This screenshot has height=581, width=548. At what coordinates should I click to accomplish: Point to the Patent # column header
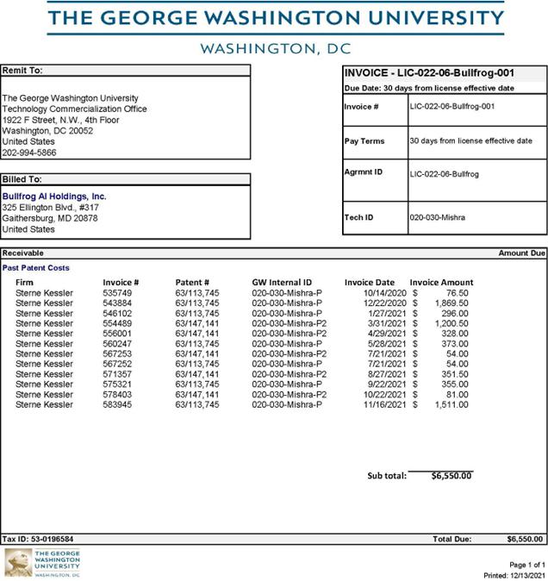(x=192, y=282)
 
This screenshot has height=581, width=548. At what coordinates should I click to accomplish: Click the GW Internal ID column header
(x=282, y=282)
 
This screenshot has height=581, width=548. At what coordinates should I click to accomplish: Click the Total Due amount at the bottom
(x=525, y=539)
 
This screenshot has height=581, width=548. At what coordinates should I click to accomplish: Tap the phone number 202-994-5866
(x=30, y=152)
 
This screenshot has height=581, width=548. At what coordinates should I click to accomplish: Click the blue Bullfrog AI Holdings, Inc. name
(x=54, y=197)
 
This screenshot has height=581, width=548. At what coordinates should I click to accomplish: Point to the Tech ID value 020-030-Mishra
(x=437, y=217)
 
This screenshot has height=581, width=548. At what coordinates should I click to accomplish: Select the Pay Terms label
(x=364, y=141)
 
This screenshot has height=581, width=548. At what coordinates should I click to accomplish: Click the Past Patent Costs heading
(x=35, y=267)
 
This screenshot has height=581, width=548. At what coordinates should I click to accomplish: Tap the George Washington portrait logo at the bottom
(x=18, y=563)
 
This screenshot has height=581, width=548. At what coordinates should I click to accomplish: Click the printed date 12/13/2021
(x=526, y=574)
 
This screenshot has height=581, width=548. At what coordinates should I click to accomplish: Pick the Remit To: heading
(x=22, y=70)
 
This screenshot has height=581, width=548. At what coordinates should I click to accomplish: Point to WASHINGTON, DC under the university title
(x=276, y=48)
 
